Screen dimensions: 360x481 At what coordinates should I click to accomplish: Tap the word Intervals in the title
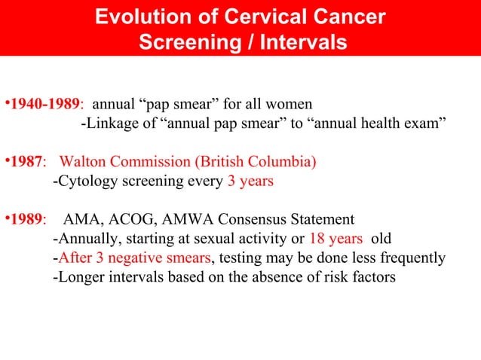303,43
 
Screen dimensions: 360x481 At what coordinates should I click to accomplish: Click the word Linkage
109,123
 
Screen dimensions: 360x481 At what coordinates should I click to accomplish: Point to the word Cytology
84,182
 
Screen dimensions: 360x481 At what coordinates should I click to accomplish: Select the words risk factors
352,277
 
